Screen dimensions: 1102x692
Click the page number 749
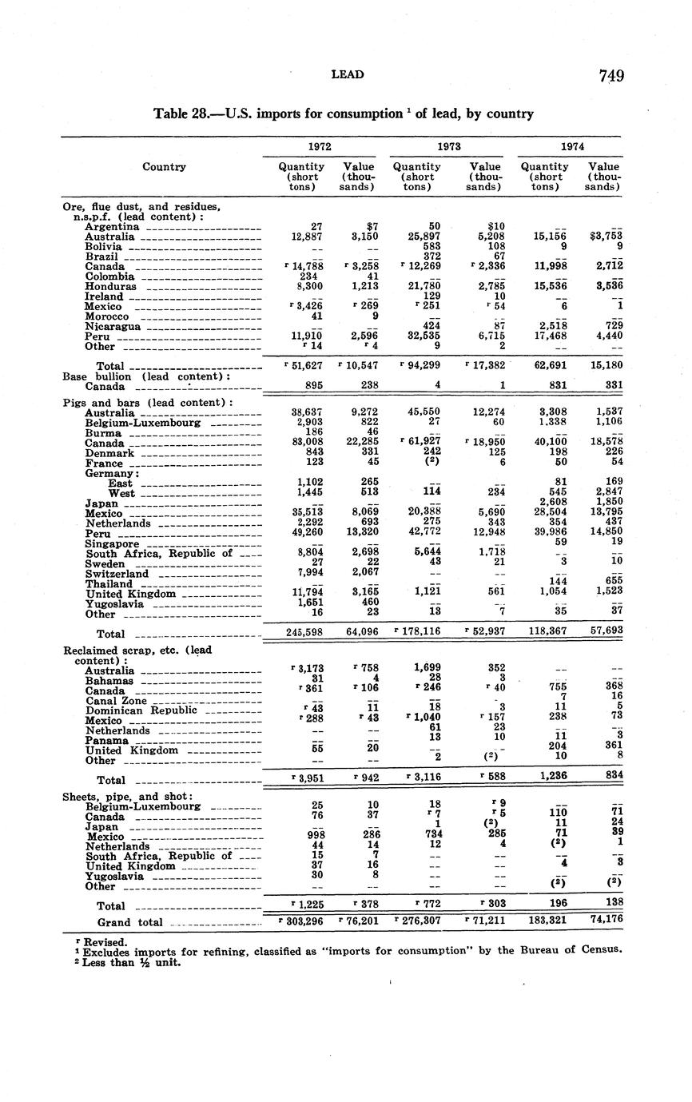click(x=610, y=76)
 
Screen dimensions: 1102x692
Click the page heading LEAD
click(x=347, y=74)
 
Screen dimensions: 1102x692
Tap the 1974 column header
click(x=570, y=147)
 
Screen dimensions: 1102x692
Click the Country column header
click(x=164, y=167)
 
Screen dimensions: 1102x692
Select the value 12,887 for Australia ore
click(x=307, y=237)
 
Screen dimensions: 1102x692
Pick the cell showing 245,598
click(x=304, y=632)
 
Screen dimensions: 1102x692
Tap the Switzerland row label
click(x=117, y=574)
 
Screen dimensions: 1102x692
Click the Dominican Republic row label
click(x=141, y=710)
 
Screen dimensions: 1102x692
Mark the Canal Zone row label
click(x=116, y=700)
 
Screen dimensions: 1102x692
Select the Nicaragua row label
click(x=113, y=327)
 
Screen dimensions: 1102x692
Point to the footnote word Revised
click(x=91, y=942)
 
